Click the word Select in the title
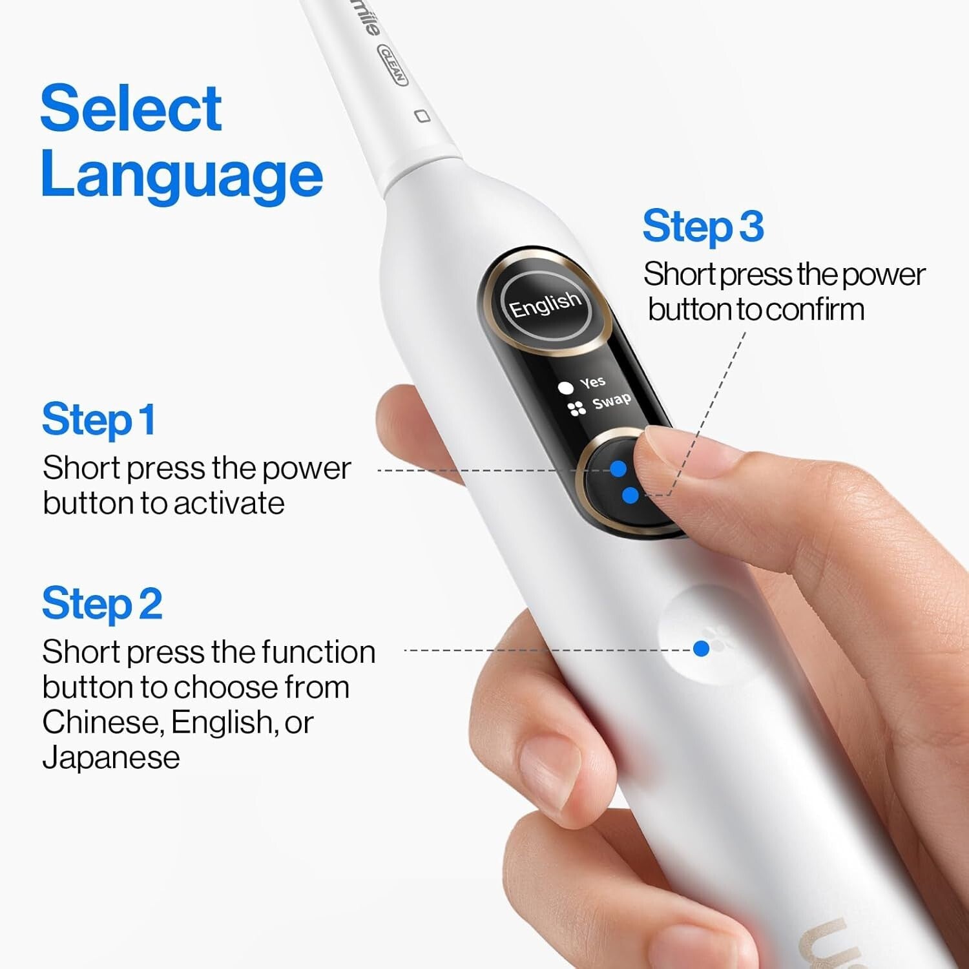131,108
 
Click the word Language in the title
182,176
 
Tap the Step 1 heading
98,420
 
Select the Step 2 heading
101,604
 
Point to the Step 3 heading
703,226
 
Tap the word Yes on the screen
592,382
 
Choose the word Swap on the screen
611,401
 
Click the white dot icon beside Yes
566,388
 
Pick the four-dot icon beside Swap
576,408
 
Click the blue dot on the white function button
701,649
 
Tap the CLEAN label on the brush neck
393,65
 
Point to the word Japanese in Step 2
111,757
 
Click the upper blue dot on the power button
618,468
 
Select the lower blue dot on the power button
630,495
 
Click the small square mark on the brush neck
422,116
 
